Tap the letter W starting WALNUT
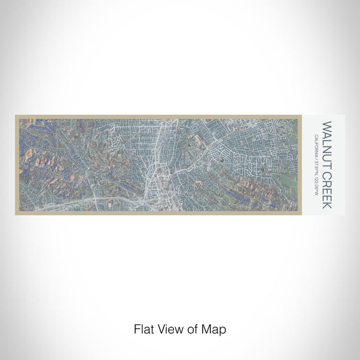[x=327, y=125]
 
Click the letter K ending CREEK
[x=327, y=206]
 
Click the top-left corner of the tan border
[x=16, y=116]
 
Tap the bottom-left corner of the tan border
[x=16, y=214]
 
